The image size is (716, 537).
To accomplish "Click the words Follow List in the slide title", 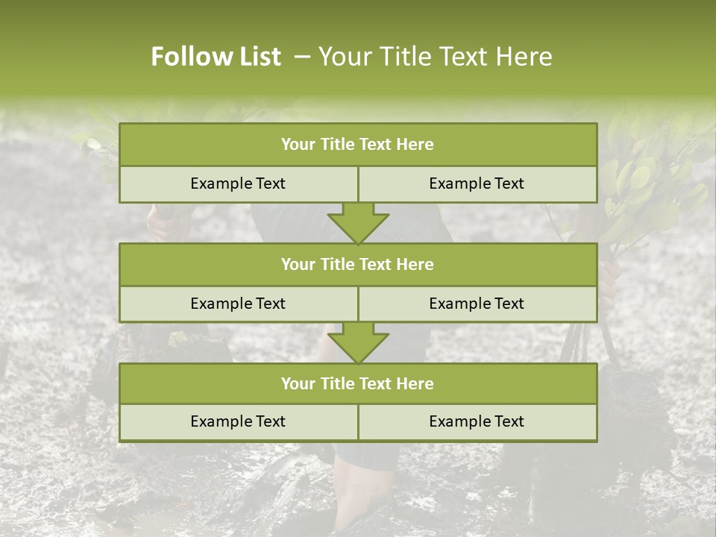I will [x=216, y=57].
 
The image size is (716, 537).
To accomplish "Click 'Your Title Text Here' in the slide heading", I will [x=436, y=57].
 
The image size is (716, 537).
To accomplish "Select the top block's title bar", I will [x=358, y=145].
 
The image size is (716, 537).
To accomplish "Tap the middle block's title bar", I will [x=358, y=265].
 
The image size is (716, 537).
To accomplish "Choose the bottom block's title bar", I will [x=358, y=384].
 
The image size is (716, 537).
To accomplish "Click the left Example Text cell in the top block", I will [x=238, y=184].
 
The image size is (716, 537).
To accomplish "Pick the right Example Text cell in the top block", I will [x=477, y=184].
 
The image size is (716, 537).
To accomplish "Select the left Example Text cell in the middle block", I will [x=238, y=304].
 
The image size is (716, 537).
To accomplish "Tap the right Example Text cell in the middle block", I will [x=477, y=304].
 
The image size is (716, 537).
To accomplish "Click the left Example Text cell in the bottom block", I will [x=238, y=422].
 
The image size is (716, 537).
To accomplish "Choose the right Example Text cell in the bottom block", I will [x=477, y=422].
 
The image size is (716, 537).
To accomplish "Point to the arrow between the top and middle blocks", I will [x=358, y=223].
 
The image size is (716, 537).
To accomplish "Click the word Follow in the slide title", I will [x=186, y=57].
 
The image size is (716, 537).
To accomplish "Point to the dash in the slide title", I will [x=302, y=57].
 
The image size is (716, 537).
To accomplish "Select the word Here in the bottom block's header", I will [x=415, y=384].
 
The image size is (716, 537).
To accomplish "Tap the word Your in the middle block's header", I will [x=298, y=265].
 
